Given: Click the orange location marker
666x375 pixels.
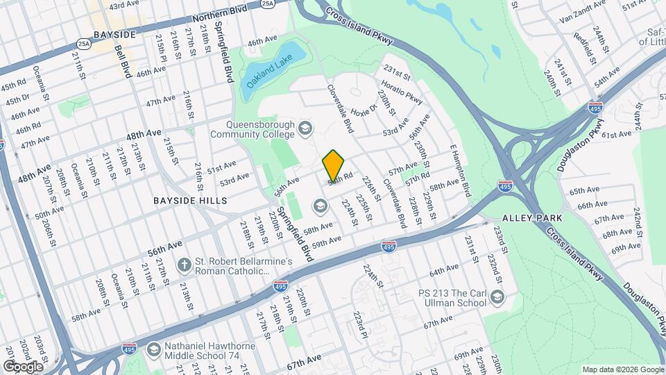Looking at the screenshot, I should tap(334, 165).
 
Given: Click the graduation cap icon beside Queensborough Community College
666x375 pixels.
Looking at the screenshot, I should tap(305, 128).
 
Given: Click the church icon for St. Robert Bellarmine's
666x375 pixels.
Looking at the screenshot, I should tap(184, 265).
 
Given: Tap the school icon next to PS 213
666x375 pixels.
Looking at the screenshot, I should tap(497, 297).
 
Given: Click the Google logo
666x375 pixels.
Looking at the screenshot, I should tap(22, 366).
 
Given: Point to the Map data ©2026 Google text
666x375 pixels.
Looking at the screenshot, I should tap(622, 369).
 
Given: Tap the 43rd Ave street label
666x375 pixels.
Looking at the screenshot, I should tap(124, 6).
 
